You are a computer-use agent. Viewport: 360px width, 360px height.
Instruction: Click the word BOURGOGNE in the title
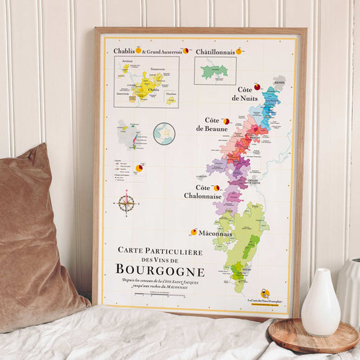pos(160,271)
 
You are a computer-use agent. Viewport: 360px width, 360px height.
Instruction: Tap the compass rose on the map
pos(126,203)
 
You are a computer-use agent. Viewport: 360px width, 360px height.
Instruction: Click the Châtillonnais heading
pos(215,51)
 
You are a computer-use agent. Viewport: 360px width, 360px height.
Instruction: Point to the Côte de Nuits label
pos(244,93)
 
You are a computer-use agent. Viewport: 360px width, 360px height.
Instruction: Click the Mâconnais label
pos(215,233)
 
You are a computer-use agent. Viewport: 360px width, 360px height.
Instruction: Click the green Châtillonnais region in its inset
pos(213,71)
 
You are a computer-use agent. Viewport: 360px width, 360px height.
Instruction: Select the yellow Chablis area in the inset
pos(146,88)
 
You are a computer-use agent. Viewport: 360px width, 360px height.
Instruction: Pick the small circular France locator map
pos(164,133)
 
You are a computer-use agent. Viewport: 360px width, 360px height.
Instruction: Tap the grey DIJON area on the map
pos(279,83)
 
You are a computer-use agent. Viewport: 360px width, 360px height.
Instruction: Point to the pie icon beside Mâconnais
pos(193,232)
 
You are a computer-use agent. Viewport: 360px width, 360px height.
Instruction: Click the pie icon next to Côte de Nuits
pos(257,86)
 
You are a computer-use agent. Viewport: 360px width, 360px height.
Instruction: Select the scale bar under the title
pos(158,294)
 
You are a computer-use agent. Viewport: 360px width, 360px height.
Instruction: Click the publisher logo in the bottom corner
pos(265,293)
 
